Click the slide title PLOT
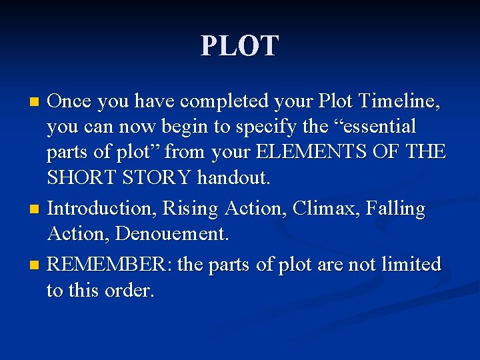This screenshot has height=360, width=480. (x=240, y=46)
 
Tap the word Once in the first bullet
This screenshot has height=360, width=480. (x=69, y=101)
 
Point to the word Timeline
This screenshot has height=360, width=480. (x=399, y=101)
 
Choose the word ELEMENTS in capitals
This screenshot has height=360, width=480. (x=311, y=153)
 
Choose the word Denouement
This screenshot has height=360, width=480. (x=173, y=234)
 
